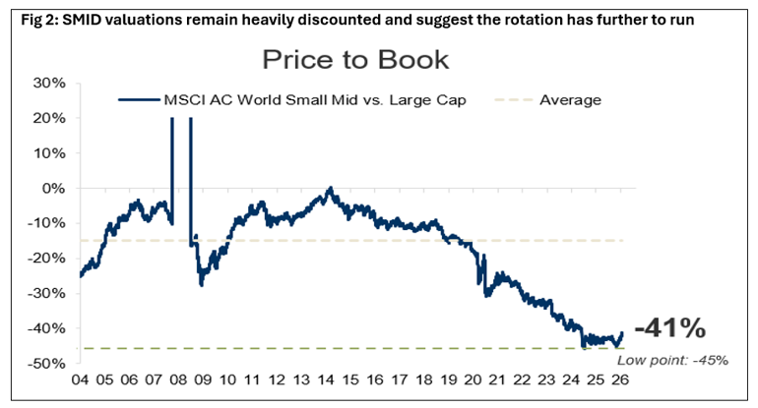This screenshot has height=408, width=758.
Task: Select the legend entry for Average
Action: pos(570,99)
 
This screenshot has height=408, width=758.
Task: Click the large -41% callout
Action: pos(669,328)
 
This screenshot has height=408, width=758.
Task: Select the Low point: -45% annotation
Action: pos(672,360)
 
